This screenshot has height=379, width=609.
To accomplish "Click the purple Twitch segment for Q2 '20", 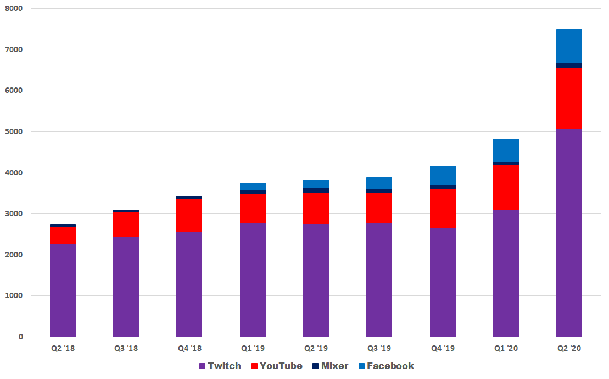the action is (x=569, y=233).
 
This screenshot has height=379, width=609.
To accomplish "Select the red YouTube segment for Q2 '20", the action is (x=569, y=98).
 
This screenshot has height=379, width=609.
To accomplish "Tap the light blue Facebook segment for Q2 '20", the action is (x=569, y=46).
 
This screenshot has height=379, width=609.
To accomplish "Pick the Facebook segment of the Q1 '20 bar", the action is (x=506, y=150).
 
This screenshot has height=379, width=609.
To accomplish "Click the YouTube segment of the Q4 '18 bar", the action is (x=189, y=216).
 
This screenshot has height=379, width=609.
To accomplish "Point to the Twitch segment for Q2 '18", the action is (x=63, y=290).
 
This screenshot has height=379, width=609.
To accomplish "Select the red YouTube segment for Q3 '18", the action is (x=126, y=224).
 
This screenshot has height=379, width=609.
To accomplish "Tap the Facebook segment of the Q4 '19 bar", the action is (x=443, y=175).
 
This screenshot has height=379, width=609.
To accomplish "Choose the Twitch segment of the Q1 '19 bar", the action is (x=253, y=280).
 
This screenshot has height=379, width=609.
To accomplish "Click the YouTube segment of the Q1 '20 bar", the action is (x=506, y=187).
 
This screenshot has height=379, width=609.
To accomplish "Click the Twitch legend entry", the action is (x=220, y=366).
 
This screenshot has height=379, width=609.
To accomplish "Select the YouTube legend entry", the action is (x=277, y=366).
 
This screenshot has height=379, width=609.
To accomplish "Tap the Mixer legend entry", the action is (x=330, y=366).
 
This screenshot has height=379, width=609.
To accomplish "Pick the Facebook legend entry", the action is (x=386, y=366).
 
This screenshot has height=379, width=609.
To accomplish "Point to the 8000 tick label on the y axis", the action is (x=14, y=9).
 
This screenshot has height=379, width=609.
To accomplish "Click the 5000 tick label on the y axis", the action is (x=14, y=131).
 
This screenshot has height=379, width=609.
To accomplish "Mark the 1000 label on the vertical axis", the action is (x=14, y=296).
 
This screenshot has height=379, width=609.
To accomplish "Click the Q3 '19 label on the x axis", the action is (x=379, y=348).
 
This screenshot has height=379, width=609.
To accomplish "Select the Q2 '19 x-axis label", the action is (x=316, y=348).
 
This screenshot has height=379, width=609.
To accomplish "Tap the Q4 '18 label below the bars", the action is (x=189, y=348).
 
